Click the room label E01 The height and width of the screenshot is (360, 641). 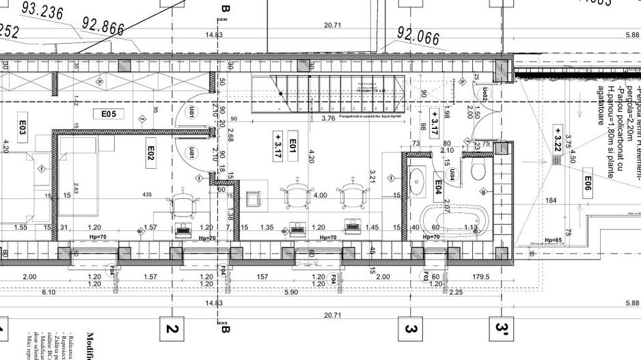[292, 144]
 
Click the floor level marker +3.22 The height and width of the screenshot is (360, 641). [558, 139]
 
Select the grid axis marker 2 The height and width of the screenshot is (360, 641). [172, 329]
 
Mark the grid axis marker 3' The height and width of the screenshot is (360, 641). [502, 329]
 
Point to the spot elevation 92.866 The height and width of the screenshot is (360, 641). [103, 26]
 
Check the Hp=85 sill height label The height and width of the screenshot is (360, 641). [553, 240]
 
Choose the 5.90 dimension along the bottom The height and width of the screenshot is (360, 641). [291, 292]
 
